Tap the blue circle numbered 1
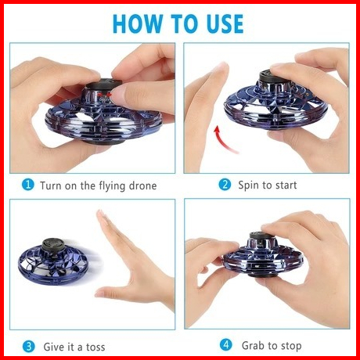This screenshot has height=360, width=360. (x=28, y=185)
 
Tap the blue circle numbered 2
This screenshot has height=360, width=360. (x=225, y=185)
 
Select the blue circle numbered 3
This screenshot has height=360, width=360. (x=29, y=347)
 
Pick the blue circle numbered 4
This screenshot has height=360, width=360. (x=226, y=345)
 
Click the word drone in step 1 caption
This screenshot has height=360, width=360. (x=142, y=185)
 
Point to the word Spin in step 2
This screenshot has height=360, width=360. (x=249, y=185)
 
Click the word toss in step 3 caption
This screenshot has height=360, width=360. (x=95, y=347)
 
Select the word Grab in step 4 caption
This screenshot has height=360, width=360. (x=253, y=345)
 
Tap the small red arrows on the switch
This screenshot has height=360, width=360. (x=105, y=95)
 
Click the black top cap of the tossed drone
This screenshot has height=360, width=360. (x=54, y=245)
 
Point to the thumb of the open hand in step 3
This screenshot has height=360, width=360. (x=116, y=292)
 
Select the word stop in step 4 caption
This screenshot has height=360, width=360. (x=291, y=346)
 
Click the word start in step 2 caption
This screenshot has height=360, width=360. (x=285, y=185)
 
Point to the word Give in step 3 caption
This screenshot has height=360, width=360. (x=53, y=347)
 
